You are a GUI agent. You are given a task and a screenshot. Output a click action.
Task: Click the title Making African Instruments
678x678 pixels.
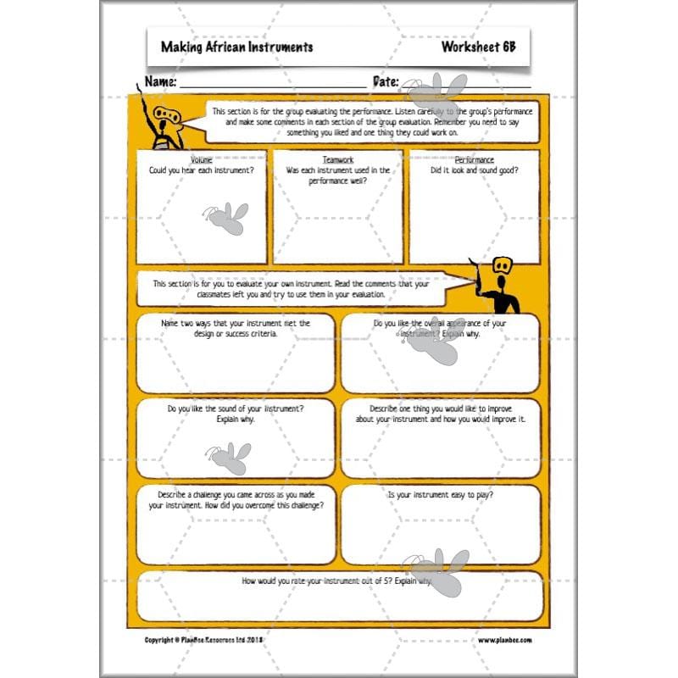pos(236,47)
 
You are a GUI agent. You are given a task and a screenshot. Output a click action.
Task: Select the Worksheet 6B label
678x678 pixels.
pos(477,47)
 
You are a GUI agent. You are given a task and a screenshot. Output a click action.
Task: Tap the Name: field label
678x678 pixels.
pos(160,82)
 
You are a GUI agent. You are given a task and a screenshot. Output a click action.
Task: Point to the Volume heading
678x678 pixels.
pos(202,159)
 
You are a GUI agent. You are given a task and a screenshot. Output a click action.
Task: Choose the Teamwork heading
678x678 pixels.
pos(338,159)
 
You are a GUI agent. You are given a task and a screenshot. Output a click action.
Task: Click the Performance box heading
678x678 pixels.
pos(474,159)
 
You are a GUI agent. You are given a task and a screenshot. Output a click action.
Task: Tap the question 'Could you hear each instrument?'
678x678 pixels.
pos(202,170)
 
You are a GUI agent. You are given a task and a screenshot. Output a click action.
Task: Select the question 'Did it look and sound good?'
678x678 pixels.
pos(474,170)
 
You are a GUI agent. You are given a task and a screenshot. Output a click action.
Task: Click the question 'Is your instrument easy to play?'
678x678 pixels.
pos(440,495)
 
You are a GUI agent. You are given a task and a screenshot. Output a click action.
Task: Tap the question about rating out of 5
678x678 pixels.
pos(337,582)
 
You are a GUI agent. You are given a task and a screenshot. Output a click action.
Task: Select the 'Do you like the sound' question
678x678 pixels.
pos(236,414)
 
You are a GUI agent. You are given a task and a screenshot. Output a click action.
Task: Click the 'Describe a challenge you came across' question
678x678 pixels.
pos(236,500)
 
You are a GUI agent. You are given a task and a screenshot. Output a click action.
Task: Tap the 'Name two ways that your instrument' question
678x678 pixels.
pos(236,328)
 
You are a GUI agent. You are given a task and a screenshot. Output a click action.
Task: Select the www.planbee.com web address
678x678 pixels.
pos(505,641)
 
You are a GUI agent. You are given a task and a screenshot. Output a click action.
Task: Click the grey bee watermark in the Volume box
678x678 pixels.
pos(225,218)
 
